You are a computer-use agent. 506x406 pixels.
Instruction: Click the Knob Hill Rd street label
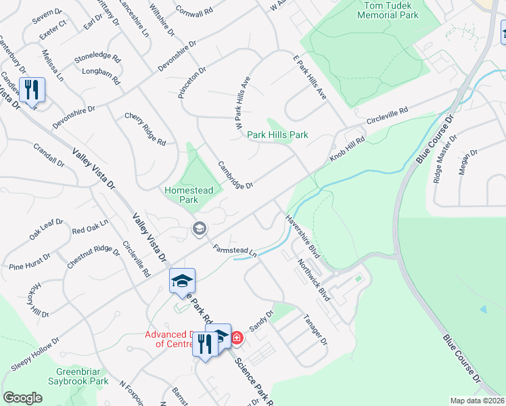[347, 148]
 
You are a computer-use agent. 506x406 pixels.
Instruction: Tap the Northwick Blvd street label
[312, 278]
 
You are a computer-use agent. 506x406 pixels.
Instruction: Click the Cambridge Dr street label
[235, 175]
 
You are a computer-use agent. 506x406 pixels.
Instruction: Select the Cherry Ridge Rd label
[145, 129]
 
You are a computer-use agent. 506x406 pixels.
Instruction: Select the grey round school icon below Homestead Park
[199, 229]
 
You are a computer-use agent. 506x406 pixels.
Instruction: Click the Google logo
[22, 397]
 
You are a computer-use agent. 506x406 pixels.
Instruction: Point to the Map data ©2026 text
[476, 401]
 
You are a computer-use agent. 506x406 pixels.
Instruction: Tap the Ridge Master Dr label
[443, 159]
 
